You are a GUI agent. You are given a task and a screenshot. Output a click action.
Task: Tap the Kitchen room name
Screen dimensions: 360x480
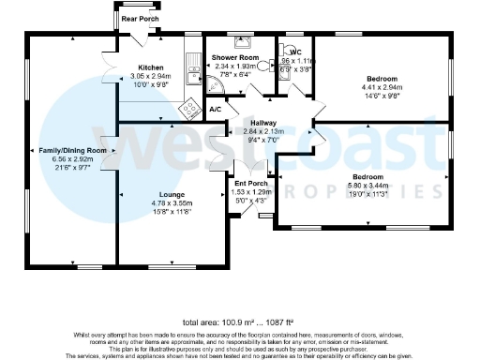pyautogui.click(x=152, y=68)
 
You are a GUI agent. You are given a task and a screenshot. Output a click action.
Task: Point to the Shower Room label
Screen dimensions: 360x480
pyautogui.click(x=235, y=57)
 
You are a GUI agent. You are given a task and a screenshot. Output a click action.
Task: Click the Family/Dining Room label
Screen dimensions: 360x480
pyautogui.click(x=72, y=150)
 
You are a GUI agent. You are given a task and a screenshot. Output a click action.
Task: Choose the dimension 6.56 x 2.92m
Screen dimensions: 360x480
pyautogui.click(x=72, y=158)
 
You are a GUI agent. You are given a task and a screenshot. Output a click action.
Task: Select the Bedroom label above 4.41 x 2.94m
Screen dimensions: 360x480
pyautogui.click(x=382, y=79)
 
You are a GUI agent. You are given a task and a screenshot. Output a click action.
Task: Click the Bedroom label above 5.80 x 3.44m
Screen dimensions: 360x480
pyautogui.click(x=367, y=177)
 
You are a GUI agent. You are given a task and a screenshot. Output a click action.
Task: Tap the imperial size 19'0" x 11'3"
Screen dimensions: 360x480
pyautogui.click(x=367, y=194)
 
